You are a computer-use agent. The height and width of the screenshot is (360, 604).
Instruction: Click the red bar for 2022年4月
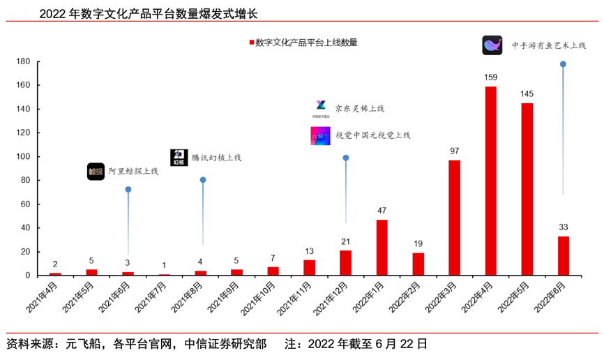click(x=490, y=181)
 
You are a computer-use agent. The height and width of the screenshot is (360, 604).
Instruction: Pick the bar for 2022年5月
click(x=527, y=189)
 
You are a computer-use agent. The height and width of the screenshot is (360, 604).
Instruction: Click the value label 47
click(x=382, y=211)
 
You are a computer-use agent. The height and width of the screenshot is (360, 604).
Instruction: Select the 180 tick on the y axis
click(x=22, y=61)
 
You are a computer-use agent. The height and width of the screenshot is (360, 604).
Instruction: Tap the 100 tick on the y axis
click(x=22, y=156)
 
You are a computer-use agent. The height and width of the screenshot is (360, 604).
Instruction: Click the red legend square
click(x=251, y=43)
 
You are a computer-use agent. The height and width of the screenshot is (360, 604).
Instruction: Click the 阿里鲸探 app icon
click(x=96, y=171)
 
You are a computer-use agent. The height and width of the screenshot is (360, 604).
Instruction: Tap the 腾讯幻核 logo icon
click(x=179, y=157)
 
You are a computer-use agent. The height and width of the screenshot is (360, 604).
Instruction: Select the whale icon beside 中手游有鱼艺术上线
click(x=492, y=45)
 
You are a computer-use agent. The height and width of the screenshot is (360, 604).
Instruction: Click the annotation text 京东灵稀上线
click(x=359, y=108)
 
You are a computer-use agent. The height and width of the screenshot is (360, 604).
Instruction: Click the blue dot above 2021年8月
click(x=203, y=180)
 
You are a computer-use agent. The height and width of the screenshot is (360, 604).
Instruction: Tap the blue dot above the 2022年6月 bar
click(x=563, y=64)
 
